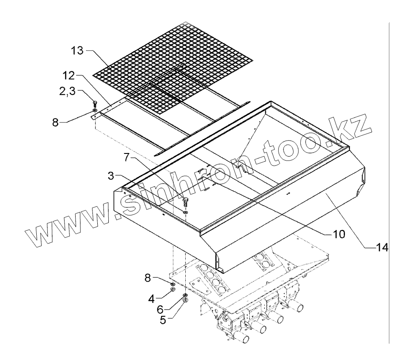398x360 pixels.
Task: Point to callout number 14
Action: [x=382, y=249]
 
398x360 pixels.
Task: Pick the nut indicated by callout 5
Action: [x=186, y=300]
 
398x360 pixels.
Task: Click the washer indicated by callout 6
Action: [x=185, y=295]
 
